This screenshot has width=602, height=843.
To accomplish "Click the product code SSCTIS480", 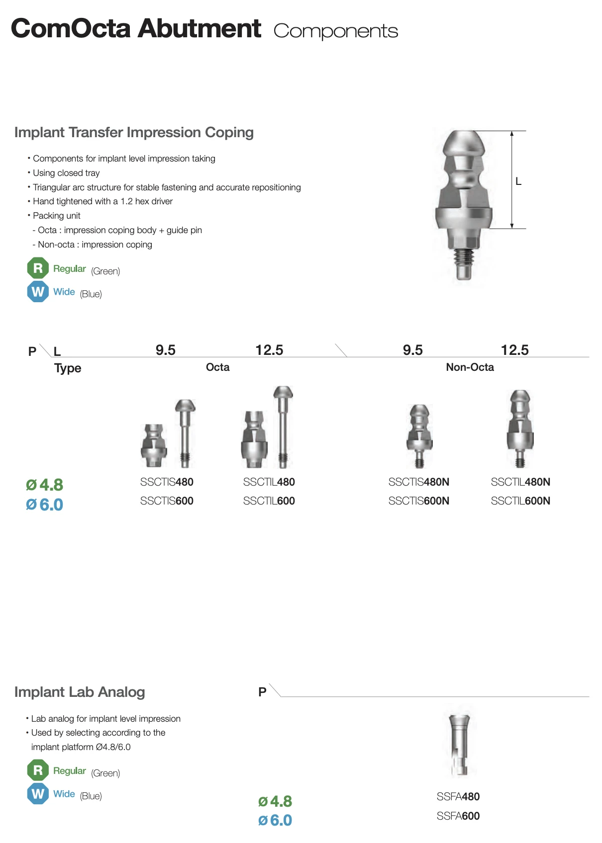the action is (x=167, y=482).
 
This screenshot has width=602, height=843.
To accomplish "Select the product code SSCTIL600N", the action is (x=520, y=501).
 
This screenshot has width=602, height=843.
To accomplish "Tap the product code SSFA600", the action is (x=458, y=816).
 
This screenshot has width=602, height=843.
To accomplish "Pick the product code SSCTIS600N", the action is (x=418, y=501).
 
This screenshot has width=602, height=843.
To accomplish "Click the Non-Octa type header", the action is (x=470, y=367).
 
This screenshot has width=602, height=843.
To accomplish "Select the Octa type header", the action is (x=217, y=367).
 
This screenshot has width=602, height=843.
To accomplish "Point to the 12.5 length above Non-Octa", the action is (x=514, y=350).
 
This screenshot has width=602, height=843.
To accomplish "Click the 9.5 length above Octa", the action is (x=165, y=350).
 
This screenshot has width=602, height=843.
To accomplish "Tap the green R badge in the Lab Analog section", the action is (x=38, y=770).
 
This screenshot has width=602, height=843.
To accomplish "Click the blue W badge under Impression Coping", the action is (x=38, y=292).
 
